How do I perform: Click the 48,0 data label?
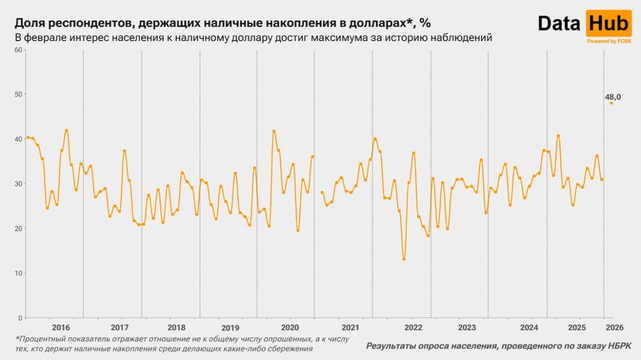click(x=613, y=97)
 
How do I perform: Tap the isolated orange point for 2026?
click(x=611, y=103)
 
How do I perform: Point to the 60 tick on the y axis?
click(x=19, y=50)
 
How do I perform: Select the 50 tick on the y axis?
click(x=19, y=94)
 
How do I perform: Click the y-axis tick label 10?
click(x=19, y=273)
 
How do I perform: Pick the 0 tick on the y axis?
click(x=21, y=317)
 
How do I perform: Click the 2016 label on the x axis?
click(x=61, y=327)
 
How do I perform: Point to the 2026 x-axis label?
click(x=614, y=327)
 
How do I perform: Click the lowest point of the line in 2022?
click(x=404, y=259)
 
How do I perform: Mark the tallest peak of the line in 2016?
click(x=67, y=131)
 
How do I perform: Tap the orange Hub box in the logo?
click(x=608, y=23)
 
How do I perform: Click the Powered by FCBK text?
click(x=608, y=42)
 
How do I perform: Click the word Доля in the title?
click(x=28, y=23)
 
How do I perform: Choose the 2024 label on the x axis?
click(x=529, y=327)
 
